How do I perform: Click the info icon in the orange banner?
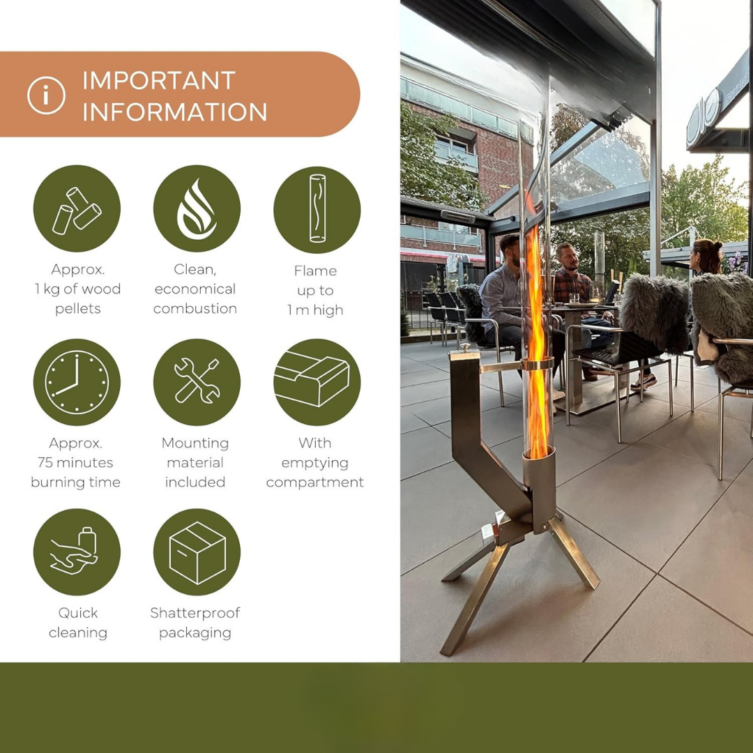click(46, 95)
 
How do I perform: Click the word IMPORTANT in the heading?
click(159, 81)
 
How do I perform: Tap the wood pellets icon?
click(77, 208)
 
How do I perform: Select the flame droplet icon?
click(197, 208)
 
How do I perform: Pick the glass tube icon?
click(317, 209)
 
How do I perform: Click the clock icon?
click(77, 382)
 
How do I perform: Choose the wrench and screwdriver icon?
click(197, 382)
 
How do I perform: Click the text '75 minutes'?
click(75, 462)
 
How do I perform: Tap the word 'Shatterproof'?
click(195, 614)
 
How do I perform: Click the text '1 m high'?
click(315, 310)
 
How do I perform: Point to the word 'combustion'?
click(195, 308)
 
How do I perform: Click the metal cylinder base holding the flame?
click(539, 490)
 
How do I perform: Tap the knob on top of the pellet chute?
click(464, 347)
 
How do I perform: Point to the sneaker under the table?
click(644, 381)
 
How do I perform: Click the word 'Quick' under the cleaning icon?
click(78, 614)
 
